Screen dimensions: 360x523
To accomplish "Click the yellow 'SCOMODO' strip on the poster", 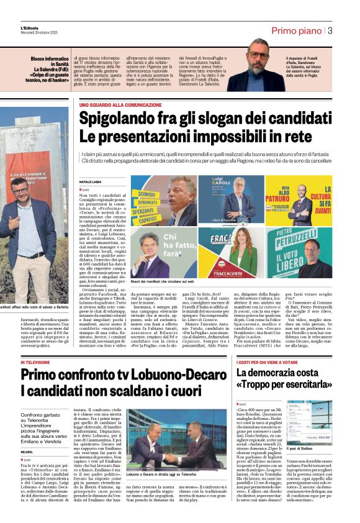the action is [146, 193].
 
